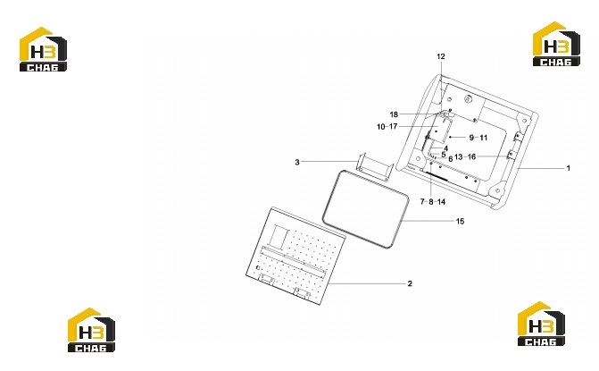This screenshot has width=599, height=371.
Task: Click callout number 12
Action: (441, 56)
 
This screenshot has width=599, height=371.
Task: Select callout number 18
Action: (394, 114)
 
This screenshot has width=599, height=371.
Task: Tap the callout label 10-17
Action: (387, 127)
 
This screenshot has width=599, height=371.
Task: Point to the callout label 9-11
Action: (478, 138)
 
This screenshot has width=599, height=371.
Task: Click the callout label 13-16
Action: (465, 156)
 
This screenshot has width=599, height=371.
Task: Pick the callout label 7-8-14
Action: (433, 201)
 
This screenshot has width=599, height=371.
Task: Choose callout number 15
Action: (460, 221)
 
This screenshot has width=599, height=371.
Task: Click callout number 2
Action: (410, 283)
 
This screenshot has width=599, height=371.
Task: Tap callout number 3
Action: (297, 162)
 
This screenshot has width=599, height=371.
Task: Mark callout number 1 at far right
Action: (568, 168)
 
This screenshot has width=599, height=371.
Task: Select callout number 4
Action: (445, 148)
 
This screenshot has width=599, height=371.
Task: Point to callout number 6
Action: (451, 159)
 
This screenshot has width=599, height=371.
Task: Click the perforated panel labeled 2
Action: (296, 256)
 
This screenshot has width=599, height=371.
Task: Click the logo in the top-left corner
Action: (43, 49)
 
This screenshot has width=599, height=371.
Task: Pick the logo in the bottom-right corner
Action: (541, 324)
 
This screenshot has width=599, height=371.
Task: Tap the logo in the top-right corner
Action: (556, 44)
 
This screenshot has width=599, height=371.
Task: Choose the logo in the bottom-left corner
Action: (91, 330)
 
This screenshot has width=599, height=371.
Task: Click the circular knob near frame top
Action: (469, 99)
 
